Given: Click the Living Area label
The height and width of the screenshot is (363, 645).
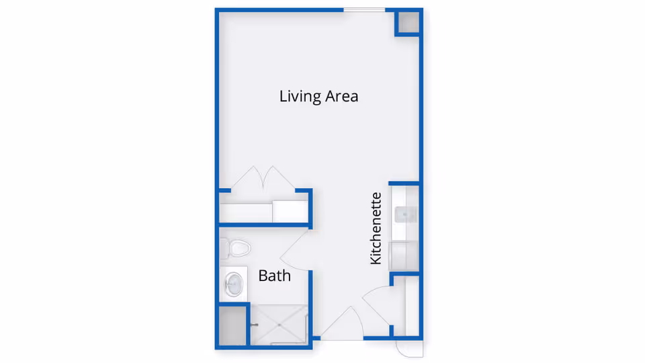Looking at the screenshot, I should coord(318,96).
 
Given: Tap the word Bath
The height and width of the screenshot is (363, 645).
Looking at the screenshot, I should coord(274,275).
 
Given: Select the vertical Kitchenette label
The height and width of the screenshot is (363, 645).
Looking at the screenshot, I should coord(376,228).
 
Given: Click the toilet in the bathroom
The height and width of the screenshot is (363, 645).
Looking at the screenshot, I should coord(236,248).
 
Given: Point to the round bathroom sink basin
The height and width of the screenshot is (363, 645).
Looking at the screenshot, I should coord(233,284).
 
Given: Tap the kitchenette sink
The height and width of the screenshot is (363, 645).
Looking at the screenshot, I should coord(405,214).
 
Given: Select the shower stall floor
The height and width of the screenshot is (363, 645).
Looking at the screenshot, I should coord(279,324).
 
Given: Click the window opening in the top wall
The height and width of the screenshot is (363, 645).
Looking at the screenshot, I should coord(364,9).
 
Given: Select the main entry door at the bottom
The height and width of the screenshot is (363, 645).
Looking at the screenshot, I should coord(343,323).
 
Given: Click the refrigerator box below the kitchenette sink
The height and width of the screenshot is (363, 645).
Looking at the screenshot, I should coord(405,255).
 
